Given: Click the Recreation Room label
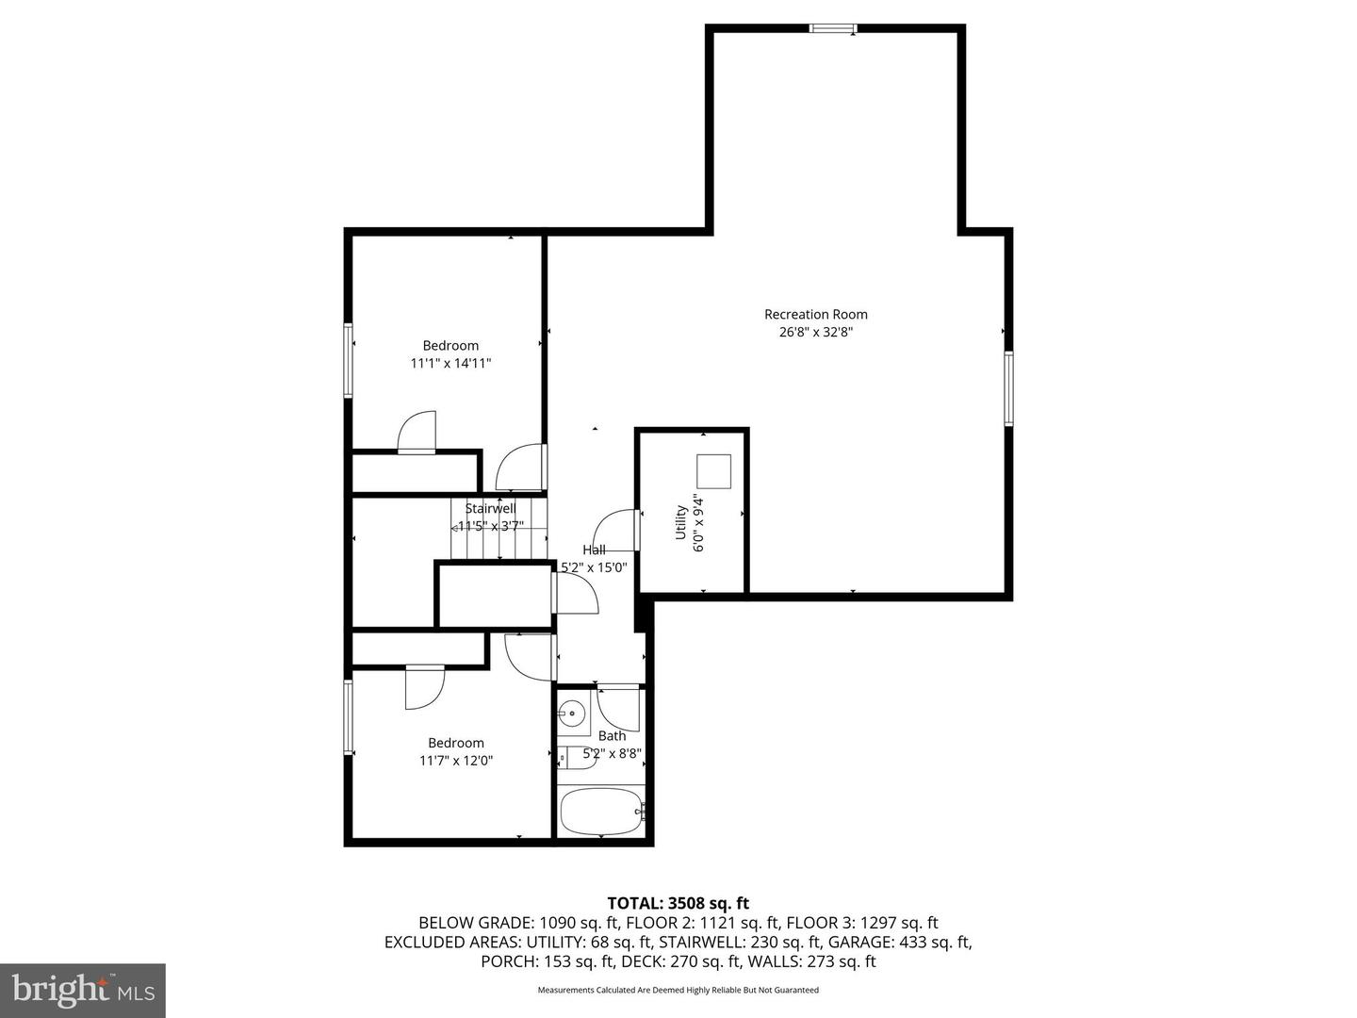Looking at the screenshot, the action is (815, 314).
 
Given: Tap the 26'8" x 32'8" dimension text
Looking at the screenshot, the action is (815, 332).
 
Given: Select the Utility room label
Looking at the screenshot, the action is (680, 522).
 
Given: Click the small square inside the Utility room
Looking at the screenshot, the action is (713, 471).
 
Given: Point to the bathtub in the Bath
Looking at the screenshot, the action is (601, 811).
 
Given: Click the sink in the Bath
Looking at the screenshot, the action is (572, 714).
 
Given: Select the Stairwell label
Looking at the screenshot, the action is (490, 509).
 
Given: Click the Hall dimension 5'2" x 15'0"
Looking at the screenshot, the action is (594, 566).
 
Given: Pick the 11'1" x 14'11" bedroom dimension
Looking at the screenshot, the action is (450, 363).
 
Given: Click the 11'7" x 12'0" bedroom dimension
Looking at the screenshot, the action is (456, 761).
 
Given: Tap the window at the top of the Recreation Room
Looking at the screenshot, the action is (833, 28).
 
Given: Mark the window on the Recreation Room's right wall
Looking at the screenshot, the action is (1008, 388).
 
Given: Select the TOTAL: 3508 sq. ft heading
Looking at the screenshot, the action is (678, 903).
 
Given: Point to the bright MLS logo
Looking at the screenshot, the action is (83, 990).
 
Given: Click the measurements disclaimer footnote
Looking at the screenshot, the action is (678, 990).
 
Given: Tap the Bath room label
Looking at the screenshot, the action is (612, 736).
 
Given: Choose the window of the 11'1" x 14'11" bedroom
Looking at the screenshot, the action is (348, 360).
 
